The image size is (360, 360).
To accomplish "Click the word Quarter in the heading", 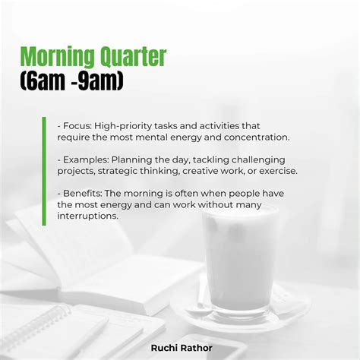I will click(x=135, y=57).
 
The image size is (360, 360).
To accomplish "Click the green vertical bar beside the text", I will click(x=44, y=171).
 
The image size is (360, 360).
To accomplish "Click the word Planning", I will click(x=134, y=159).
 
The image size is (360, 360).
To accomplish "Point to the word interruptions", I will click(x=87, y=216).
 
